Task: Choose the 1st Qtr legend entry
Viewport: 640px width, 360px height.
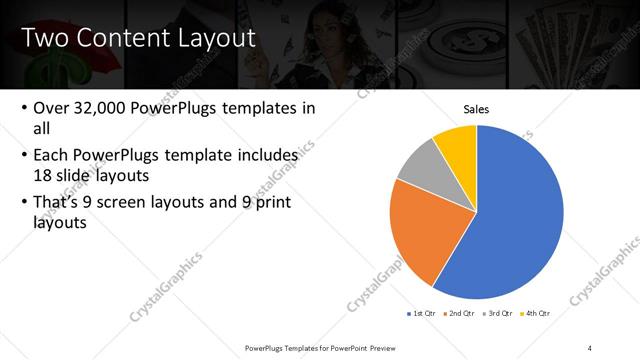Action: (x=421, y=314)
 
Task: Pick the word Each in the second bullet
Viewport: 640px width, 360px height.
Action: (x=53, y=156)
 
